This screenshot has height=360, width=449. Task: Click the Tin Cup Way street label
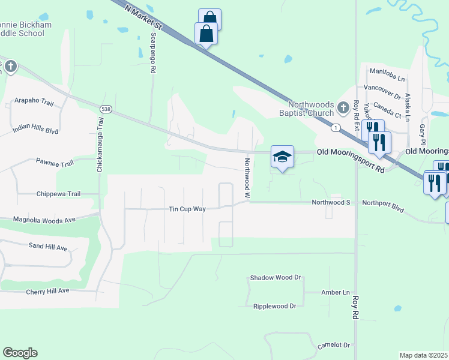click(x=187, y=209)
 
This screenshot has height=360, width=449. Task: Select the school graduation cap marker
click(x=282, y=157)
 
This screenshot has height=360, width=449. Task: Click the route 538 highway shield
click(x=106, y=109)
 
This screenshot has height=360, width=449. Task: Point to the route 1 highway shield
click(x=336, y=127)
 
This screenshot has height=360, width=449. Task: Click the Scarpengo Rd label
click(x=153, y=53)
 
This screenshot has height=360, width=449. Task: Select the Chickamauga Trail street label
click(x=100, y=145)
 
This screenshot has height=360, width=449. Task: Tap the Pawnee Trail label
click(x=54, y=163)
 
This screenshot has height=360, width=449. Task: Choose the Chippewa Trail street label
click(x=58, y=194)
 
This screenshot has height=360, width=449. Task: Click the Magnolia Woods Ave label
click(x=44, y=220)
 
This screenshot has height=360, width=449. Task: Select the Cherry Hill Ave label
click(x=47, y=291)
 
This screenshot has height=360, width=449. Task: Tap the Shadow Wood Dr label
click(x=275, y=278)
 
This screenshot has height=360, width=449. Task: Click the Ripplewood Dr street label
click(x=275, y=306)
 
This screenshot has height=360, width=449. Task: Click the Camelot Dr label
click(x=334, y=345)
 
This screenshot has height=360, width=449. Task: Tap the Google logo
click(x=20, y=353)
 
